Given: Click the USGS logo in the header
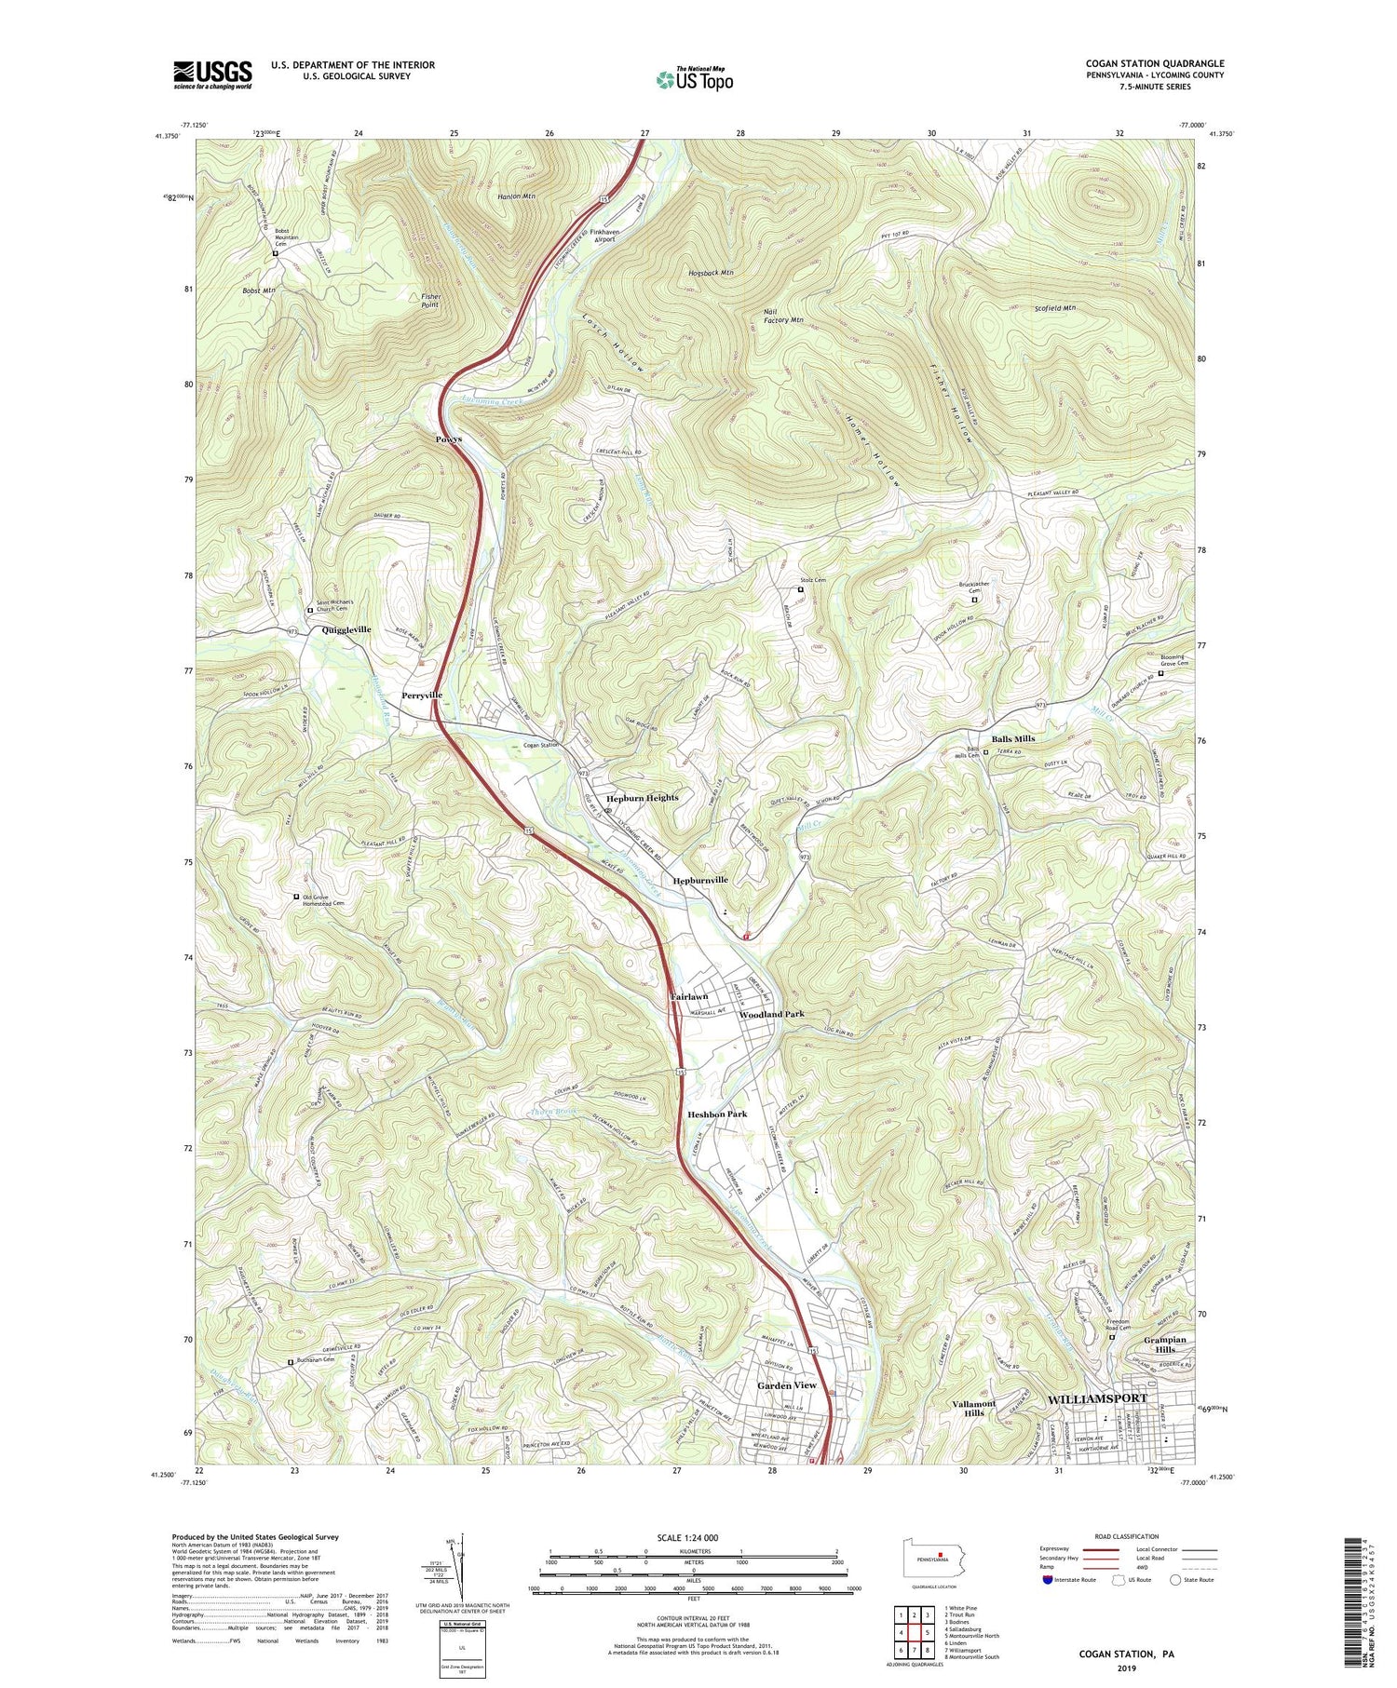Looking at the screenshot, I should (211, 74).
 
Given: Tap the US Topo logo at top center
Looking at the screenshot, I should (694, 79).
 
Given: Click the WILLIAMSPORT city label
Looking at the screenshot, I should (1097, 1399).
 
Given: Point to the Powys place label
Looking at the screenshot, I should (449, 439).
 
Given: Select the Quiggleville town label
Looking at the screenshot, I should (346, 630).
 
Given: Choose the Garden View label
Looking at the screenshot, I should (786, 1385).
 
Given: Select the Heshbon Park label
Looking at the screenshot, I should (716, 1114).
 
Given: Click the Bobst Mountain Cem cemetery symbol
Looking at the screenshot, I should (276, 253).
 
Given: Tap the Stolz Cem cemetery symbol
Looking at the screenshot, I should (800, 588).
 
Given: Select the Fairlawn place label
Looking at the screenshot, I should (690, 996).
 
